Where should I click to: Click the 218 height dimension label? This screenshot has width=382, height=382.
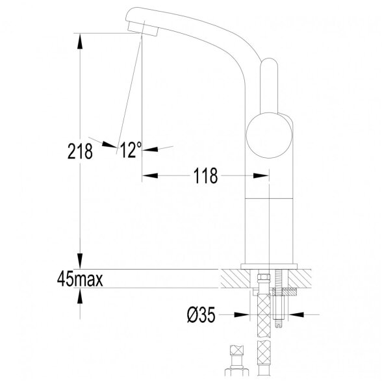pyautogui.click(x=80, y=151)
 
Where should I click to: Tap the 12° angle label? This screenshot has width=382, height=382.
pyautogui.click(x=131, y=149)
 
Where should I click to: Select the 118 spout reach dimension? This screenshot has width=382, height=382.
pyautogui.click(x=205, y=175)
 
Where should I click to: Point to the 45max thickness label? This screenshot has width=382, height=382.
pyautogui.click(x=80, y=279)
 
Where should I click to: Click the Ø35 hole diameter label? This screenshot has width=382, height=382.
pyautogui.click(x=201, y=314)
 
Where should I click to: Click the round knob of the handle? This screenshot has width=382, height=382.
pyautogui.click(x=269, y=135)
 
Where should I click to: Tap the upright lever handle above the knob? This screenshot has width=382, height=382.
pyautogui.click(x=269, y=86)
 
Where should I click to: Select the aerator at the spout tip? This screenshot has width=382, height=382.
pyautogui.click(x=142, y=29)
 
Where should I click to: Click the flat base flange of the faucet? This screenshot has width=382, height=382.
pyautogui.click(x=269, y=266)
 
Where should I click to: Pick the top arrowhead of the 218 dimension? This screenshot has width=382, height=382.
pyautogui.click(x=80, y=41)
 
